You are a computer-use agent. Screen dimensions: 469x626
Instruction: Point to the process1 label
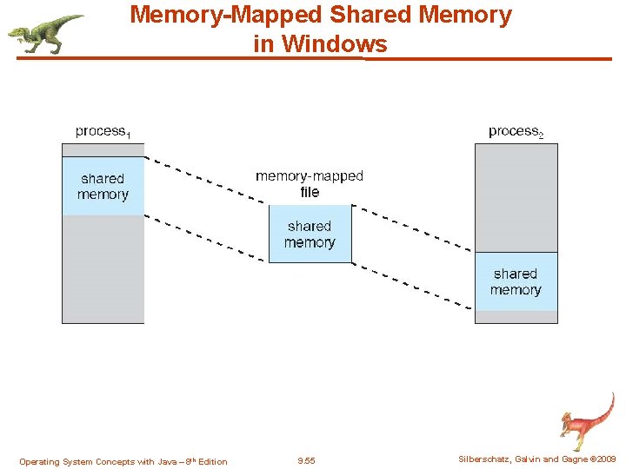[103, 131]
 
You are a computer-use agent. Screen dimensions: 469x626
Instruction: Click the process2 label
[516, 131]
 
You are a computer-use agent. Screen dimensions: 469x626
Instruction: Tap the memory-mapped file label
[310, 183]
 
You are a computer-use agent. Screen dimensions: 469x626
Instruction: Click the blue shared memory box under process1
[103, 186]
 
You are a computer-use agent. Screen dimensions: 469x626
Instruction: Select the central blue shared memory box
[310, 234]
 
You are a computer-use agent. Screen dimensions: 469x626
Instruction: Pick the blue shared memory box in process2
[516, 281]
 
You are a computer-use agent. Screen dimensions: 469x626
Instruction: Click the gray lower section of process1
[103, 269]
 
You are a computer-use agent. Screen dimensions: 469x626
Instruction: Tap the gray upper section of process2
[516, 197]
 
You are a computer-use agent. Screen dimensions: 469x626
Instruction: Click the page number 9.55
[306, 461]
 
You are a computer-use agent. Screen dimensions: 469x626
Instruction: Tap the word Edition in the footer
[212, 462]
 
